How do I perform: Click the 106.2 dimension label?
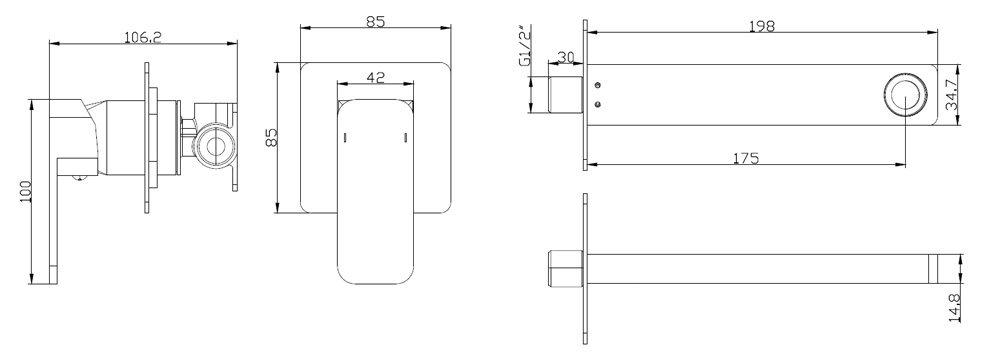(142, 37)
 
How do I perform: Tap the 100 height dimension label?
(26, 191)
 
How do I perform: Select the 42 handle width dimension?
(376, 77)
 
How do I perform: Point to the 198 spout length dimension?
(761, 26)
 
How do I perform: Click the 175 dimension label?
(746, 158)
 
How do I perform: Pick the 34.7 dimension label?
(952, 95)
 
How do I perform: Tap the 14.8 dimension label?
(955, 308)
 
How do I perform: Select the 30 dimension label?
(566, 57)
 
